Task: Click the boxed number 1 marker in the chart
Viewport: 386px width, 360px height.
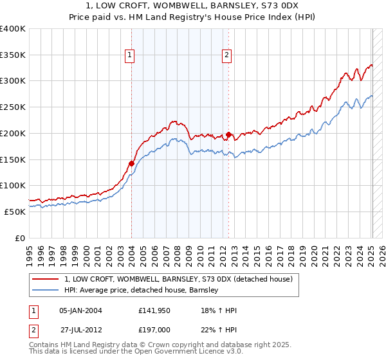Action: [130, 56]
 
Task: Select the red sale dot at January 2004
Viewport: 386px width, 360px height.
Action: [131, 163]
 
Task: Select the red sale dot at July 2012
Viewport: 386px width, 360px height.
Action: [229, 135]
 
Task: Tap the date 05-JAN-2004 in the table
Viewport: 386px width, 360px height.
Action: [80, 310]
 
